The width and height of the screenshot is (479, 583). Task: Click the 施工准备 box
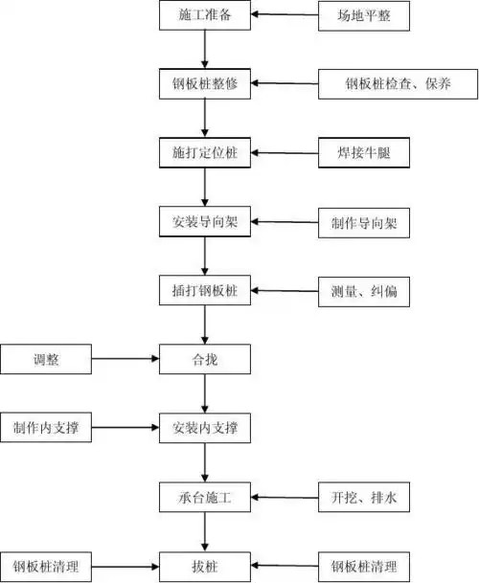click(x=205, y=15)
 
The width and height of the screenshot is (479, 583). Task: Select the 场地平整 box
click(x=364, y=15)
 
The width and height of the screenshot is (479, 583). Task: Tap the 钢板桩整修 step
click(x=205, y=84)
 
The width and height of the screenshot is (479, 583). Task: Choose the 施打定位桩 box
click(x=205, y=153)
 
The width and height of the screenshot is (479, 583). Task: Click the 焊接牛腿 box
click(x=364, y=153)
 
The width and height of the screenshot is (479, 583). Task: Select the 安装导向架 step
click(x=205, y=223)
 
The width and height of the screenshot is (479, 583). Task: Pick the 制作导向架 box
click(x=364, y=223)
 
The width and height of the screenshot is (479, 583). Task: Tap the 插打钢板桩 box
click(x=205, y=292)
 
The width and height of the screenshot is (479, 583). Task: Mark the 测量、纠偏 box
click(x=364, y=292)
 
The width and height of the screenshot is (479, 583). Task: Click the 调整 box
click(x=46, y=361)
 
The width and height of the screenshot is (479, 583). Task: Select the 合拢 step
click(x=205, y=361)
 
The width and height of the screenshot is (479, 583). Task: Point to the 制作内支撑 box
click(x=46, y=428)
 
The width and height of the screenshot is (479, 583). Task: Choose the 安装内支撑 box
click(x=205, y=428)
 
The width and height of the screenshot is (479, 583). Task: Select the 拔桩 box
click(x=205, y=565)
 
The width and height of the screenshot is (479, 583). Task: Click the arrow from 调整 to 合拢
click(x=125, y=361)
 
